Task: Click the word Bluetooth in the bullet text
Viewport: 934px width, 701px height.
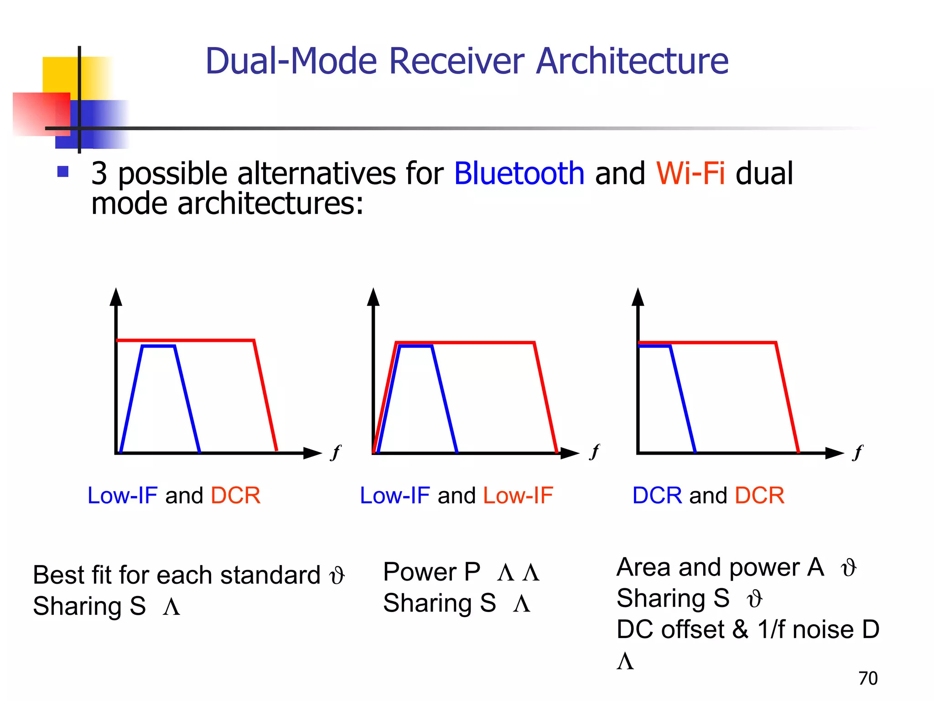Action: coord(519,174)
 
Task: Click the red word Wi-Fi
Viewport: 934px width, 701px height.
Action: coord(690,174)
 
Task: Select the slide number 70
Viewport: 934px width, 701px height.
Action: coord(867,678)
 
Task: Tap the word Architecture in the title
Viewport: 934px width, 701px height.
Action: coord(632,61)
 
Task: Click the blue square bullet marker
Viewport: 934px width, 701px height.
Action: coord(63,172)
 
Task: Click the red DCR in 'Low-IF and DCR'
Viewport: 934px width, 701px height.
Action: coord(235,496)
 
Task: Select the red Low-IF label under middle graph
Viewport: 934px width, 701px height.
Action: coord(518,496)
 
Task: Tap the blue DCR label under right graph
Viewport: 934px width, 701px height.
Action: coord(657,496)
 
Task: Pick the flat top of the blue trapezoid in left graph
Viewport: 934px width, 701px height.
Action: coord(158,346)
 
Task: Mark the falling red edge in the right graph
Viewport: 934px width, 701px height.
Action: coord(787,397)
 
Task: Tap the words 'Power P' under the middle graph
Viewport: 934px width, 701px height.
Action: coord(431,572)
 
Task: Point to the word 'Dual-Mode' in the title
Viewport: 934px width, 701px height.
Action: coord(291,61)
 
